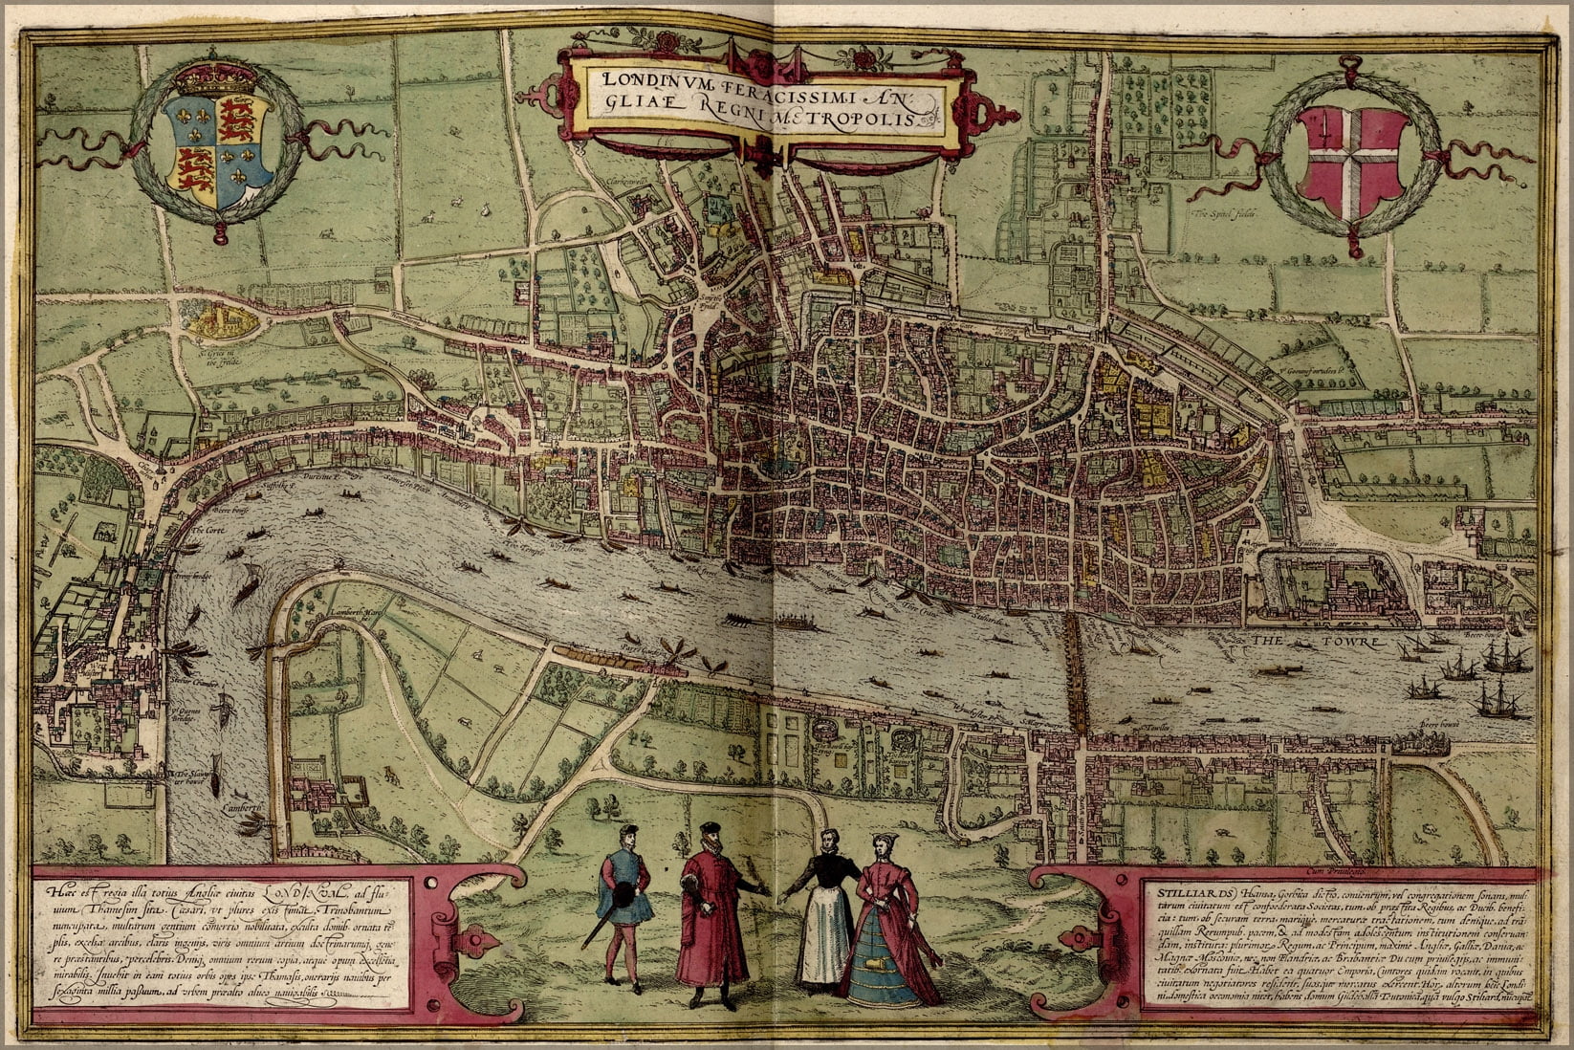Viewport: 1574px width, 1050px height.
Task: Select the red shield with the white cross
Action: click(x=1351, y=160)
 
